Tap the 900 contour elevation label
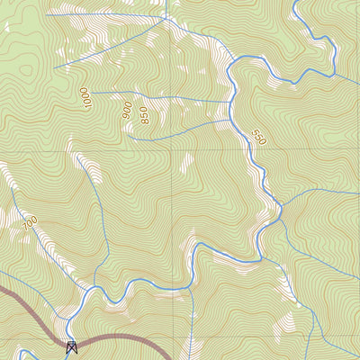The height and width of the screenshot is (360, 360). click(127, 110)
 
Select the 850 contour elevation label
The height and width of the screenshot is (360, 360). click(144, 115)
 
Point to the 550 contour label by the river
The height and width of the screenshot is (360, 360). click(259, 137)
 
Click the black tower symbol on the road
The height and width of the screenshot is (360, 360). click(72, 346)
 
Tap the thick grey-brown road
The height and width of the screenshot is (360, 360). click(126, 337)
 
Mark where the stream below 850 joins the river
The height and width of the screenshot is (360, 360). click(236, 122)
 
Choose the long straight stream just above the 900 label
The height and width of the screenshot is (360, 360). click(162, 94)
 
